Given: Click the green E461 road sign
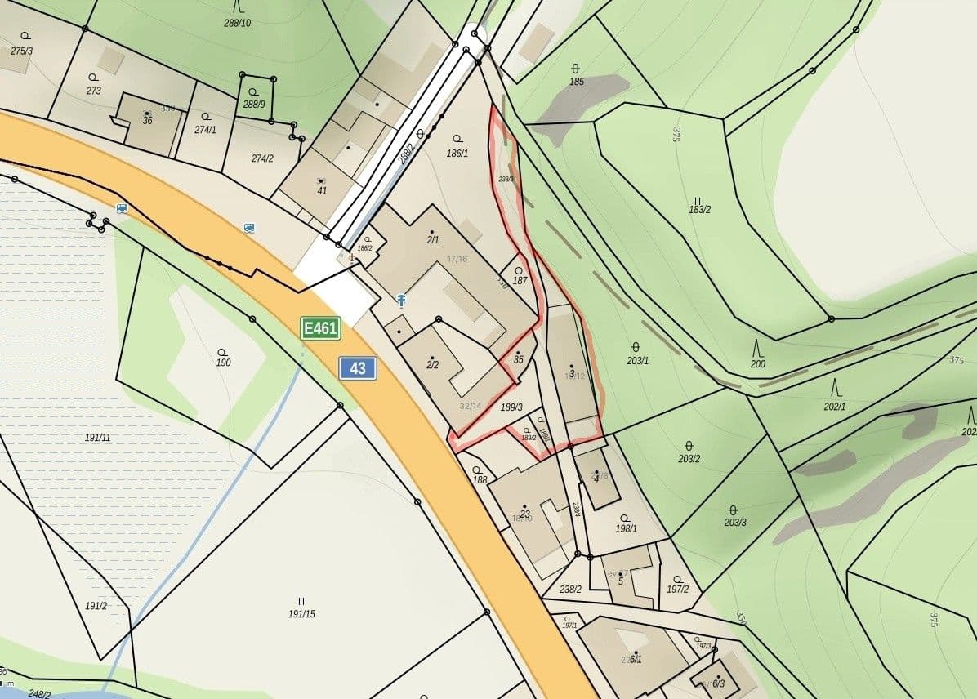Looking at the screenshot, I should (320, 329).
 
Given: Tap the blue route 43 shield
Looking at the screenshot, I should (358, 368).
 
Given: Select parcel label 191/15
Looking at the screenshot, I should (301, 613).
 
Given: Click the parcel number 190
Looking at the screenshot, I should (223, 363).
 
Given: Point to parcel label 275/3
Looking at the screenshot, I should (22, 51).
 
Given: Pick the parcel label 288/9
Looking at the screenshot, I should (254, 104).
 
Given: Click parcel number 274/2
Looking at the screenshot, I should (262, 158).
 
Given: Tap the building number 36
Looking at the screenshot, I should (147, 121).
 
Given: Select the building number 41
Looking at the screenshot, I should (322, 191).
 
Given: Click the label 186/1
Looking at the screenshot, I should (457, 153).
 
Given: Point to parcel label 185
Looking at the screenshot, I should (577, 82).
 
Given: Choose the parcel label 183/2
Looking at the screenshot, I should (699, 209).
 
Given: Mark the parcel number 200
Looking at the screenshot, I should (758, 364).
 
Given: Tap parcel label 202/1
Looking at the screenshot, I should (835, 406).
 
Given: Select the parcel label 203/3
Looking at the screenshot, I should (734, 523).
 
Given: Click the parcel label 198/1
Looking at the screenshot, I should (626, 528).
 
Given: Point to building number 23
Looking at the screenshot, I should (525, 514).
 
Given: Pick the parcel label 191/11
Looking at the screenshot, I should (97, 438).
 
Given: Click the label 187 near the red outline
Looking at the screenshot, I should (520, 281).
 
